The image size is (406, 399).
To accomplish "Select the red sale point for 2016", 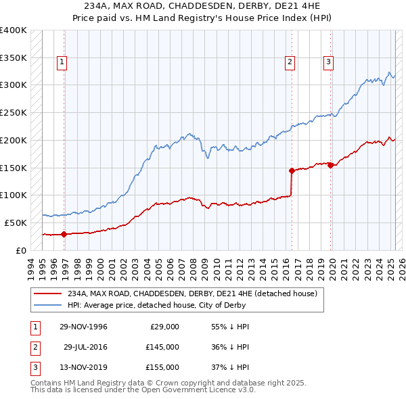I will pyautogui.click(x=292, y=170).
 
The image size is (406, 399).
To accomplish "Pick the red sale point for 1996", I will pyautogui.click(x=64, y=235).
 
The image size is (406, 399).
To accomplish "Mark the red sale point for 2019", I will pyautogui.click(x=331, y=165).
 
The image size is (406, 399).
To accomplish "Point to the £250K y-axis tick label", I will pyautogui.click(x=14, y=112).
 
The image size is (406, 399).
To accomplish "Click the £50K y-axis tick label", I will pyautogui.click(x=16, y=222).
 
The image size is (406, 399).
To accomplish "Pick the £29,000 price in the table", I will pyautogui.click(x=164, y=327).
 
